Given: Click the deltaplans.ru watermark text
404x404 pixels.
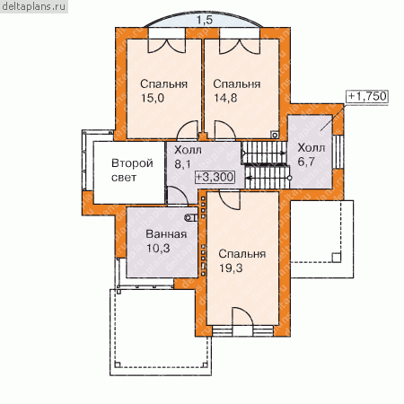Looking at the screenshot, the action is [x=33, y=6].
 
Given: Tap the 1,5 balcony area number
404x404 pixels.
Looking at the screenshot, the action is [x=205, y=20].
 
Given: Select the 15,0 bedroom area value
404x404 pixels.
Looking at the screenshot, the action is [x=153, y=98].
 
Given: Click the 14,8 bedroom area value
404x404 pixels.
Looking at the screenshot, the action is [x=225, y=98].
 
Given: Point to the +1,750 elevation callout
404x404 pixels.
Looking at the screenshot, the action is [x=367, y=96].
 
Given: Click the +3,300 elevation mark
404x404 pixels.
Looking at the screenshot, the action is [x=215, y=177].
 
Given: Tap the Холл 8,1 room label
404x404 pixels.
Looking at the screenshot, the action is [x=188, y=157].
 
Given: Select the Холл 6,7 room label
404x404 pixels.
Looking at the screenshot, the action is [x=312, y=154].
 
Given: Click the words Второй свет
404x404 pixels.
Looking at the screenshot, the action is [x=132, y=171].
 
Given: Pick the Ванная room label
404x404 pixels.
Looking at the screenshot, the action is [x=166, y=234].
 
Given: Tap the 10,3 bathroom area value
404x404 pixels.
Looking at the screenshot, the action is [x=158, y=248].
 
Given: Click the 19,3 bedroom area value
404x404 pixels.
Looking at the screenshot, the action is [x=231, y=268].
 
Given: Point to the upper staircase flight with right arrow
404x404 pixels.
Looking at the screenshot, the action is [x=264, y=153].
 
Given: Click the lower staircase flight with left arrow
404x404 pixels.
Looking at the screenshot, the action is [x=268, y=178].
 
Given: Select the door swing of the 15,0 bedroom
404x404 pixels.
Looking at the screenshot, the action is [x=188, y=130].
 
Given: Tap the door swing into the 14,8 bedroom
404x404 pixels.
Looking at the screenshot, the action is [x=225, y=130].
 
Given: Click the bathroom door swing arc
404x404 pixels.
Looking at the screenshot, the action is [x=177, y=196].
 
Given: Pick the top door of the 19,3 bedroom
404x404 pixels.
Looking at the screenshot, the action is [x=230, y=200].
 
